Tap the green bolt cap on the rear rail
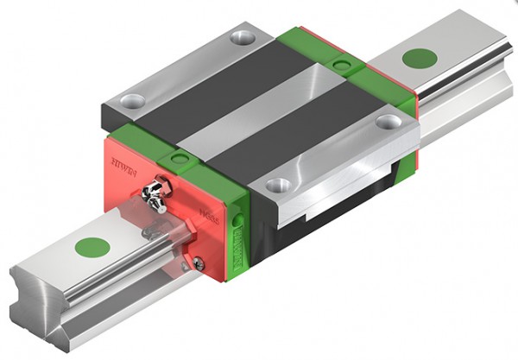pos(420,59)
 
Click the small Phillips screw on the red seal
pos(199,263)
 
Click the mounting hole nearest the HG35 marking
pos(277,185)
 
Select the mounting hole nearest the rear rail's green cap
pos(388,122)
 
